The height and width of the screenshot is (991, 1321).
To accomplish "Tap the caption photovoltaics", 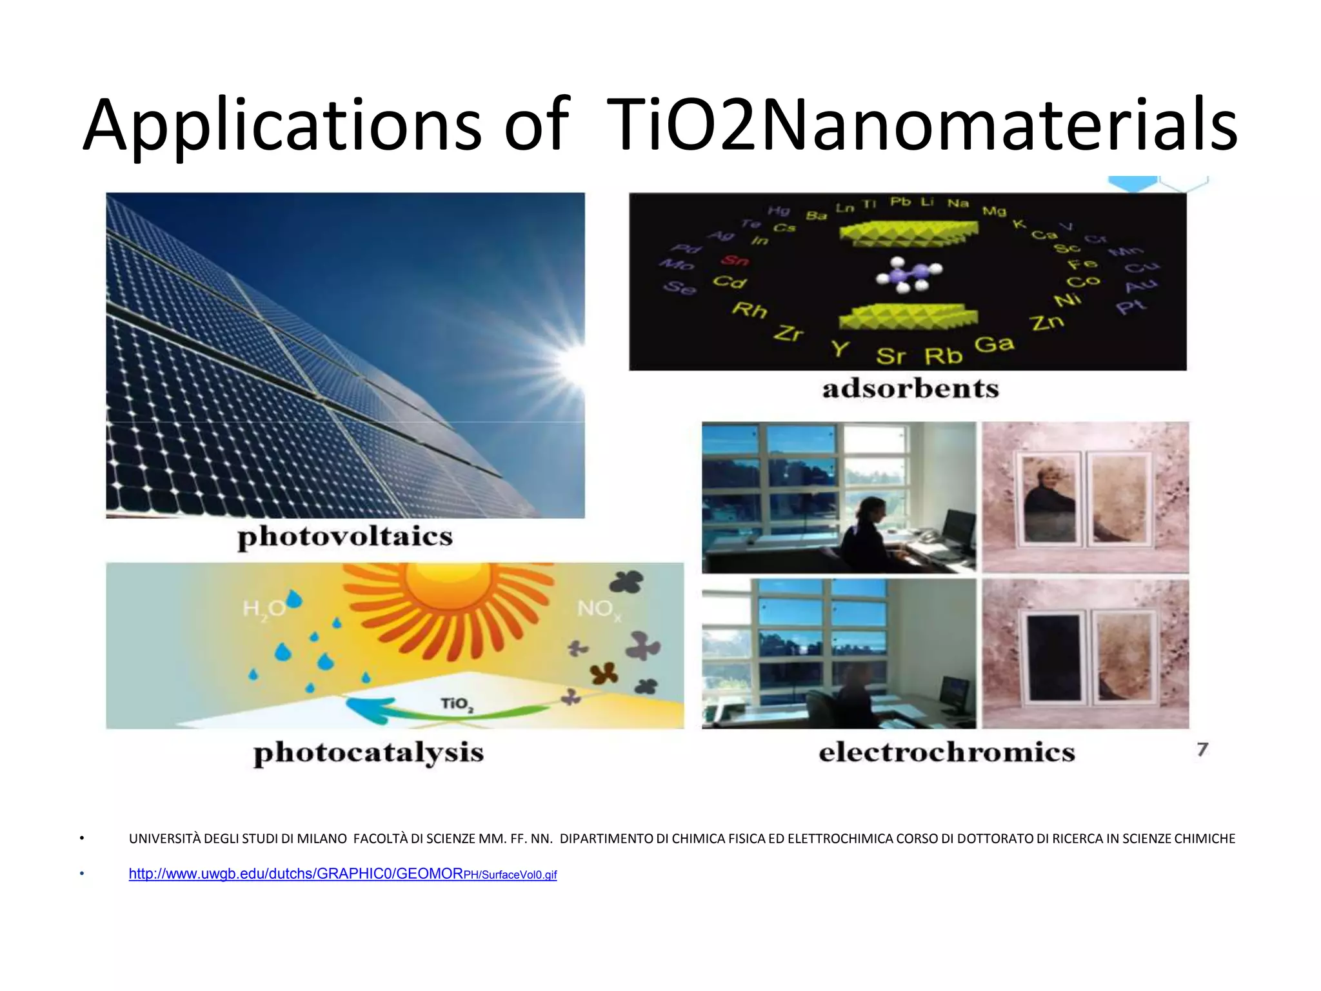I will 345,537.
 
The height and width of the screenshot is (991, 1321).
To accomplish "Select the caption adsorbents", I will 910,388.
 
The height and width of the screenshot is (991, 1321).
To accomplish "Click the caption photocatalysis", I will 368,752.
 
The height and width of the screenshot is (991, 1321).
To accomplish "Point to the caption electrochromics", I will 946,752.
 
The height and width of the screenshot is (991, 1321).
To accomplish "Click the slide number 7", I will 1202,750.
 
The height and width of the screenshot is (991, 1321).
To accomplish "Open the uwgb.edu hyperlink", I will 342,874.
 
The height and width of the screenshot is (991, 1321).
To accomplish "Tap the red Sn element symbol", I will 735,260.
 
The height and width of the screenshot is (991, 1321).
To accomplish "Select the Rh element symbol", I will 749,310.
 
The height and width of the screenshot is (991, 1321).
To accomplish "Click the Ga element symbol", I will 993,345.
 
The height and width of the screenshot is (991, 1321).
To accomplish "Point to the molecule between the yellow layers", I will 908,275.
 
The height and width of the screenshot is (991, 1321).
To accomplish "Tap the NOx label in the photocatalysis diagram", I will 598,609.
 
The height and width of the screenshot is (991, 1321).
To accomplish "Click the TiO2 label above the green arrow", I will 457,704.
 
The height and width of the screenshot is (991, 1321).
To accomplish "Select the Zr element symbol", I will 788,333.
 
